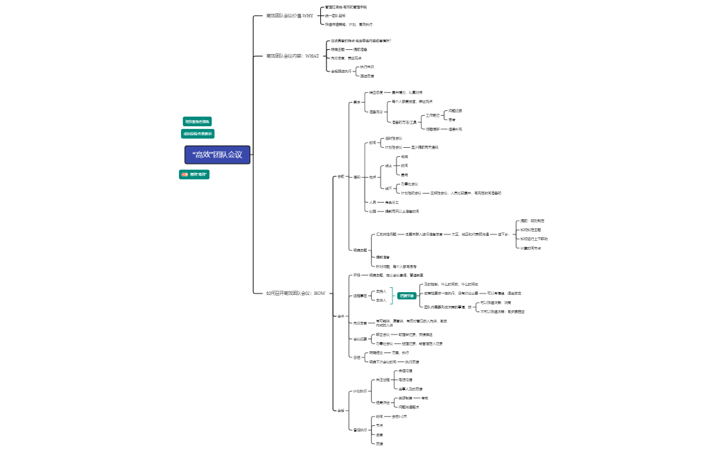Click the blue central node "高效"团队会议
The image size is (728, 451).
coord(217,155)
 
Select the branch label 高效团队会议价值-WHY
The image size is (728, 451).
coord(289,15)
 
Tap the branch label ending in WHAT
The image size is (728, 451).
coord(292,56)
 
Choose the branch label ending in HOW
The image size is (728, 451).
coord(295,293)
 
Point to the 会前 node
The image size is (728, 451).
coord(340,177)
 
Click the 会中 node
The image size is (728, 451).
coord(340,316)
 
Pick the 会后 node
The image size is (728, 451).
coord(340,410)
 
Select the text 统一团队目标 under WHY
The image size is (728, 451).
coord(335,15)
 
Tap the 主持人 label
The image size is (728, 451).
coord(381,291)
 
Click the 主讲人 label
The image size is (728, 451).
coord(381,300)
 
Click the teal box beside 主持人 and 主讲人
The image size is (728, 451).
coord(406,296)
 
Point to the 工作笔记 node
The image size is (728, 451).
coord(432,114)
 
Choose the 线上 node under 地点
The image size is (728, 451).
coord(389,166)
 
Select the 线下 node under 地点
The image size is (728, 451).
coord(389,188)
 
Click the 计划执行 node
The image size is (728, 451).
coord(360,391)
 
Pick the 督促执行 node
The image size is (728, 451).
coord(360,429)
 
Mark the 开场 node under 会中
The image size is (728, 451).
coord(357,275)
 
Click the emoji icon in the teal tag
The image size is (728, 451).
coord(184,175)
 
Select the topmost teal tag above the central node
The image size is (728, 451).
coord(197,121)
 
